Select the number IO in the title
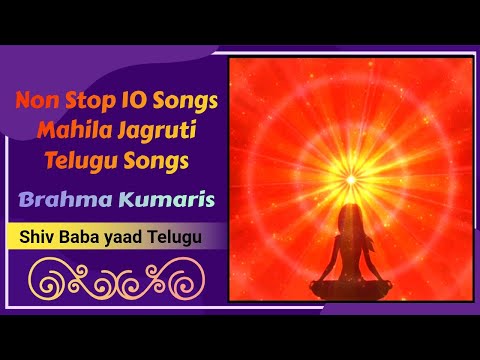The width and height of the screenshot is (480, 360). pyautogui.click(x=131, y=102)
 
